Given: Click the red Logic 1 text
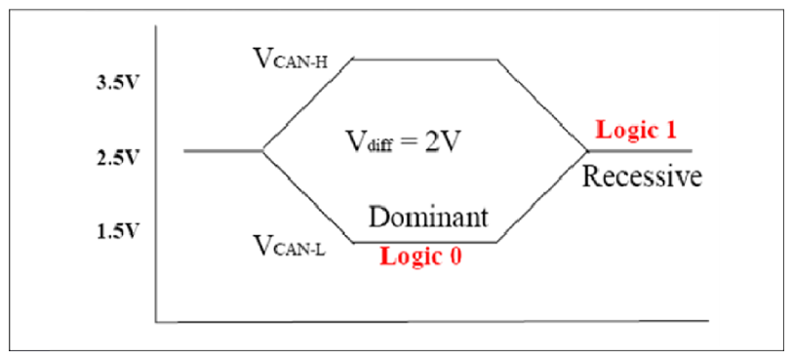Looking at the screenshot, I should [635, 131].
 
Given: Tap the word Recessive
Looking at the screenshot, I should [643, 177].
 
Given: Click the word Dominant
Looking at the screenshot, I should [427, 218].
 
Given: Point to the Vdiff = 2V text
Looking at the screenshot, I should [401, 141].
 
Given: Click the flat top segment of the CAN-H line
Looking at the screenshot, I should [425, 59].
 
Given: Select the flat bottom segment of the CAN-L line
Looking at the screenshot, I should [425, 241].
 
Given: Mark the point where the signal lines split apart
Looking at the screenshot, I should [263, 150].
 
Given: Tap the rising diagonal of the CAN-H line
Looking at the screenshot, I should [307, 104].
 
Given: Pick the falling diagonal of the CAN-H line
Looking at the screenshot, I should [543, 104].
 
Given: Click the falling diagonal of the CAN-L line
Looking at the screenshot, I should [307, 196].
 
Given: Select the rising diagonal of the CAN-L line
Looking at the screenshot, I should [543, 196].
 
